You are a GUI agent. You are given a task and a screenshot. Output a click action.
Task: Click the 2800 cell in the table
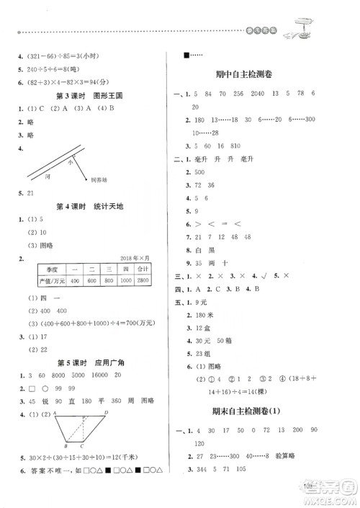point(141,280)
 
